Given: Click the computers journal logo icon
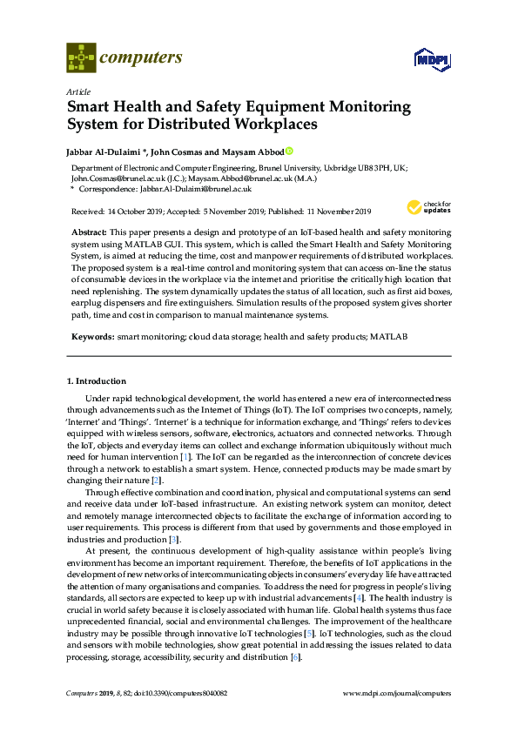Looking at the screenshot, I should click(x=82, y=59).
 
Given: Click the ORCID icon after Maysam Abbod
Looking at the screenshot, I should click(x=290, y=151).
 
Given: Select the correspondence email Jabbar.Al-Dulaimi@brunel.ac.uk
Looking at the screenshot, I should click(x=196, y=188).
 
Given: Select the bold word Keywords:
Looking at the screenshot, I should click(x=91, y=335).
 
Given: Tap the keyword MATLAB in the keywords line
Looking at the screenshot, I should click(x=389, y=335).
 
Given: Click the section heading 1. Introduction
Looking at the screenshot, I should click(x=97, y=381).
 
